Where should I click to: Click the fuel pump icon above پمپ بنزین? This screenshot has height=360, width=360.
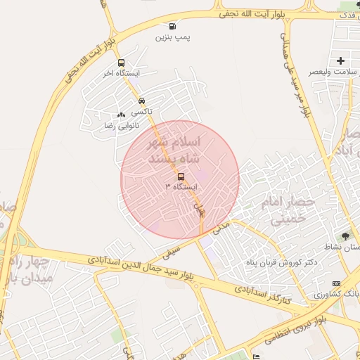(173, 27)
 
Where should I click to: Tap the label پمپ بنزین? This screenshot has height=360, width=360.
(173, 37)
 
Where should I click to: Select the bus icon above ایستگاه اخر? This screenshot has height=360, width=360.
(122, 63)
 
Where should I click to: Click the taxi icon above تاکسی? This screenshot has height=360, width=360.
(142, 101)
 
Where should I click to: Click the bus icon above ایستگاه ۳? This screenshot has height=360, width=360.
(181, 176)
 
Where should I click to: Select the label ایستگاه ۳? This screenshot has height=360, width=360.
(181, 187)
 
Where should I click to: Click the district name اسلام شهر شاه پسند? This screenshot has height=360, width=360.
(172, 150)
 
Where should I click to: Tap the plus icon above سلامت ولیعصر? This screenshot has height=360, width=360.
(341, 61)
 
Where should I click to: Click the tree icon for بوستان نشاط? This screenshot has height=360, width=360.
(345, 236)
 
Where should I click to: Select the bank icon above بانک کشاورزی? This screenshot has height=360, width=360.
(335, 283)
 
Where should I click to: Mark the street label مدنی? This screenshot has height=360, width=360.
(221, 226)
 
